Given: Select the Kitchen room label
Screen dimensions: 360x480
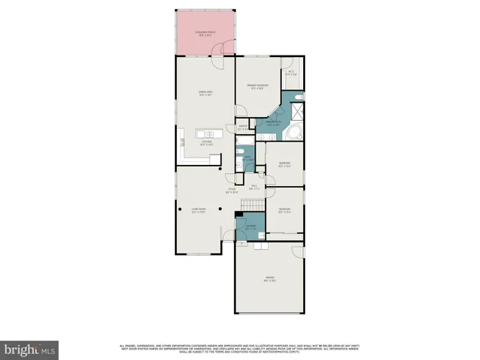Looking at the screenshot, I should (205, 143).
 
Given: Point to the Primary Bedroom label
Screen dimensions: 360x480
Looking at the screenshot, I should (257, 87).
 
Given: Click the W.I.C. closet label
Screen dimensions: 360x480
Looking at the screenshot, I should (292, 73).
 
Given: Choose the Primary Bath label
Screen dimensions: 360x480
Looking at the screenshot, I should (273, 123).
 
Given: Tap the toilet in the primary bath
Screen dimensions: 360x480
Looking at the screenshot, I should (298, 97).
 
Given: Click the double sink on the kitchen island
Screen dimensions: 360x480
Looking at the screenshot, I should (205, 133).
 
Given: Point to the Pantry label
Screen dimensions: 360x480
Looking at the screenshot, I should (243, 126).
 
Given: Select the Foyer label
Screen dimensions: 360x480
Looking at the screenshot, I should (232, 190).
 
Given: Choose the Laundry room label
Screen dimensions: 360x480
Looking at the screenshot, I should (250, 229).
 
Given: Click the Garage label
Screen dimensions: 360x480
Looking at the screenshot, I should (269, 280).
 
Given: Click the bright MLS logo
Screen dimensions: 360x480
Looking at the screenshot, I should (30, 349).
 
